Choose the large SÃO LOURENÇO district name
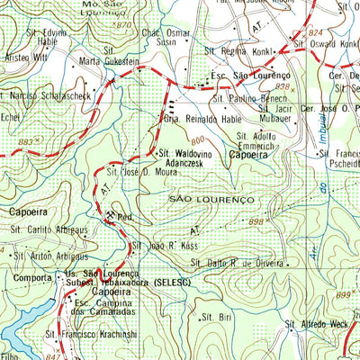coord(211,197)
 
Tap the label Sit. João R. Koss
coord(166,244)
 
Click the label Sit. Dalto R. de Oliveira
coord(241,263)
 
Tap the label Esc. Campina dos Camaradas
coord(111,310)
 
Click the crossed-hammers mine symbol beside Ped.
coord(111,216)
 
